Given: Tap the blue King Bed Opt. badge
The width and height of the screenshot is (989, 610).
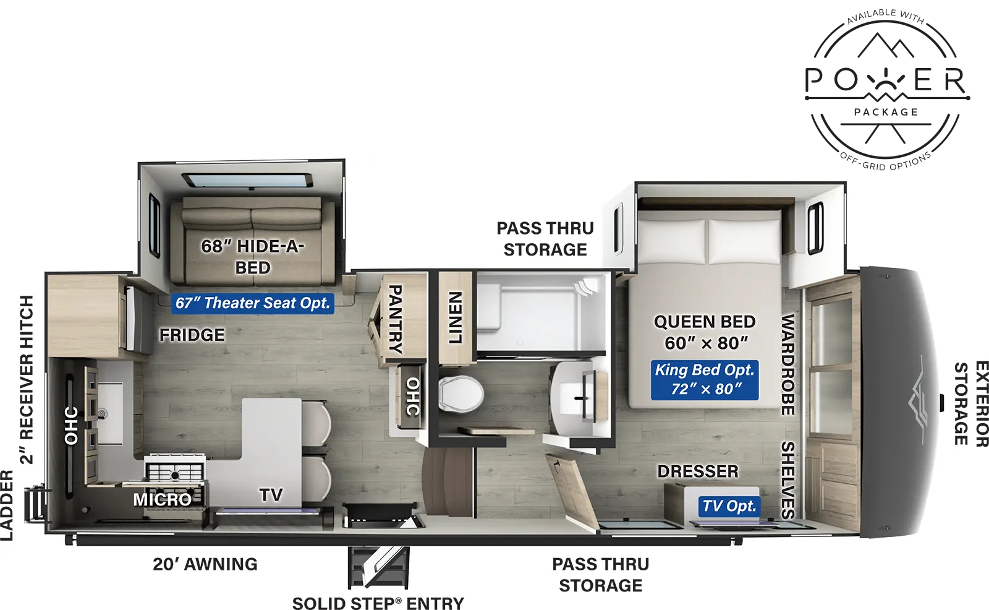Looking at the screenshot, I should (704, 379).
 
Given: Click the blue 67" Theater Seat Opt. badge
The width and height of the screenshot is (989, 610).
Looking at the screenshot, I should (253, 303).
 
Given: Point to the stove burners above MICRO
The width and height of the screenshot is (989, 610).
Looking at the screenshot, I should (175, 471).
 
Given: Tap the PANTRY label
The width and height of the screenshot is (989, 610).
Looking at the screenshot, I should (395, 319).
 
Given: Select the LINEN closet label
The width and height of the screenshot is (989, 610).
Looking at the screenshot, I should (456, 317).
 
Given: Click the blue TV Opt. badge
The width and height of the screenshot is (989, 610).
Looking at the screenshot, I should (729, 506).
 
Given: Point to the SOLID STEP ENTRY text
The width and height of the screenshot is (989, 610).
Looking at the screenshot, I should (378, 603).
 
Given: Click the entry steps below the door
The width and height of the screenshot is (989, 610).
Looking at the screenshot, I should (378, 566).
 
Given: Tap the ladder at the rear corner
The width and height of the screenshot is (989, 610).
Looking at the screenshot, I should (35, 505).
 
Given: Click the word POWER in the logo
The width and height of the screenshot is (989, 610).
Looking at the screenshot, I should (886, 81).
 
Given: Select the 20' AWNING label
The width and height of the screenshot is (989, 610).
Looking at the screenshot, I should (205, 564).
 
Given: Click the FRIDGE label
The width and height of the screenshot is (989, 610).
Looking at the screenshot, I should (192, 335).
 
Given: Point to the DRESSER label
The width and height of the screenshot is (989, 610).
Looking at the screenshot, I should (698, 471).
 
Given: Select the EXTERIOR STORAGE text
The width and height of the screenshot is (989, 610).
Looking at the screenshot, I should (970, 403).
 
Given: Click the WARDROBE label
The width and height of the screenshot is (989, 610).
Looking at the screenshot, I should (788, 365).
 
